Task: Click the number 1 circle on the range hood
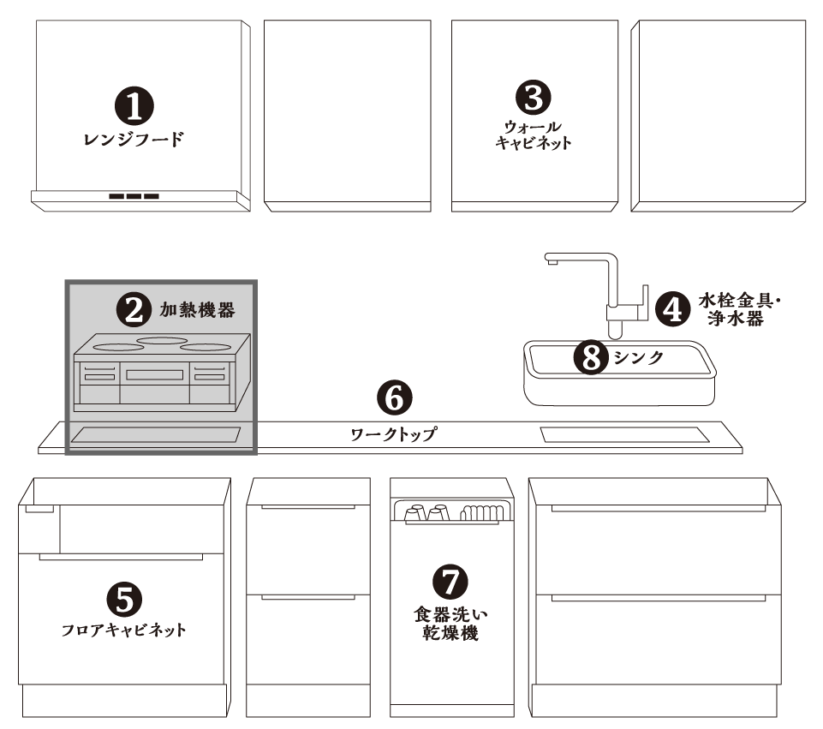(x=134, y=106)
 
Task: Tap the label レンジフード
(x=134, y=139)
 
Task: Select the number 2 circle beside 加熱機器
(x=134, y=309)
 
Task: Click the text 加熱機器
(x=197, y=309)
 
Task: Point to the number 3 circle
(x=534, y=98)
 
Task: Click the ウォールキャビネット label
(x=534, y=134)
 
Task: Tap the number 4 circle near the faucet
(x=673, y=309)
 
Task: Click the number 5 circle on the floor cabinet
(x=124, y=600)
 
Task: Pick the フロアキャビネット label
(x=124, y=630)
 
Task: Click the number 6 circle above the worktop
(x=395, y=397)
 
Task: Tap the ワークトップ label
(x=393, y=434)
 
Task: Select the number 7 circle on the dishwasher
(x=450, y=582)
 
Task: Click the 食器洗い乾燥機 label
(x=450, y=624)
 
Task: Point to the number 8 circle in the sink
(x=592, y=357)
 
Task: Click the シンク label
(x=639, y=358)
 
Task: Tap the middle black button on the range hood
(x=134, y=196)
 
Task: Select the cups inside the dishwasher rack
(x=426, y=513)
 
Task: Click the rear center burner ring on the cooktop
(x=162, y=341)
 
